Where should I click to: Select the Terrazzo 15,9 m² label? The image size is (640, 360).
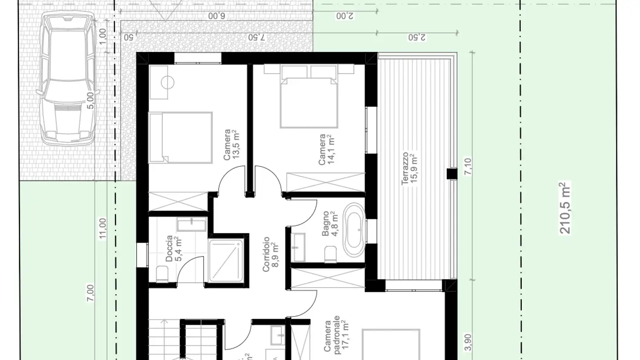point(409,169)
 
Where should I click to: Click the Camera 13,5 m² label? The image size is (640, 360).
point(232,145)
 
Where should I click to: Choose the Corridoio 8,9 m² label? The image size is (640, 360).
point(271,254)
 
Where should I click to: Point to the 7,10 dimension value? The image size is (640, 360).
point(467,167)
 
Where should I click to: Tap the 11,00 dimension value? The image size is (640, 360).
point(103,228)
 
